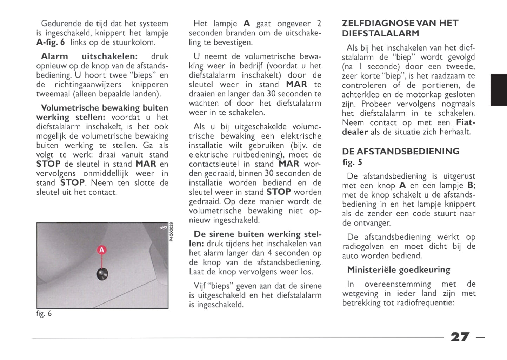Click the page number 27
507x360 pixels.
tap(460, 337)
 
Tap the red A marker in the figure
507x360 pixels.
tap(101, 250)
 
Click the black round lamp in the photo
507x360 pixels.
tap(102, 274)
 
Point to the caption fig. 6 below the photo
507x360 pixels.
tap(44, 314)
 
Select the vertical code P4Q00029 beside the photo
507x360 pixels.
tap(171, 232)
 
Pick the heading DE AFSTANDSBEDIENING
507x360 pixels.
tap(401, 151)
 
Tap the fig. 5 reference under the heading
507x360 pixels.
tap(352, 162)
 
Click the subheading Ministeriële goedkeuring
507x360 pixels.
tap(399, 269)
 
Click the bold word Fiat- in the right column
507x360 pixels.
tap(466, 122)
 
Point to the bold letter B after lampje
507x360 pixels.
tap(470, 185)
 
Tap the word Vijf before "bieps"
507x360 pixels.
tap(200, 286)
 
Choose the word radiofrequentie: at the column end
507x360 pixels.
tap(425, 302)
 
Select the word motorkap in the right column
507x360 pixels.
tap(429, 94)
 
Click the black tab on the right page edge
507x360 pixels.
tap(499, 90)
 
